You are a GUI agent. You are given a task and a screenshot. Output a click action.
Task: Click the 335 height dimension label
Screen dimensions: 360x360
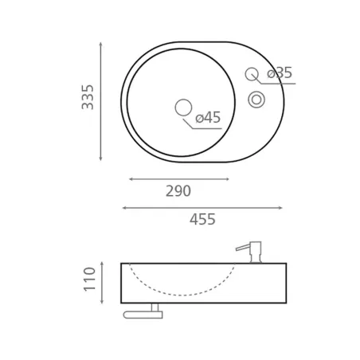click(88, 97)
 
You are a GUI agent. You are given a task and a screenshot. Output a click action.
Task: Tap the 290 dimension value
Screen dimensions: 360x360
click(178, 191)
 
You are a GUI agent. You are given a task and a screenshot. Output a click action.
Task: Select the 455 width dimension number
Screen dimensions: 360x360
click(202, 219)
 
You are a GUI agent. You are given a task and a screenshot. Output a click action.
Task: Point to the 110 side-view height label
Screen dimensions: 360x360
click(89, 280)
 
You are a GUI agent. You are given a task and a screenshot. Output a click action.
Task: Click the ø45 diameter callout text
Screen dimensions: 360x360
click(208, 117)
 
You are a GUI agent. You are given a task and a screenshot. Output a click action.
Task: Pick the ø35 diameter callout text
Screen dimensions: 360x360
click(280, 72)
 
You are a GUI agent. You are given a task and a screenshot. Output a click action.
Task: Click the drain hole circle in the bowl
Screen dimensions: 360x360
click(183, 108)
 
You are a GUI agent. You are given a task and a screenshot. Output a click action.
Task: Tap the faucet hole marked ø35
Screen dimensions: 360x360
click(252, 74)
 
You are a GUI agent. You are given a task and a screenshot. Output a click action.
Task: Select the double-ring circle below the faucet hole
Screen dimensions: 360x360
click(256, 100)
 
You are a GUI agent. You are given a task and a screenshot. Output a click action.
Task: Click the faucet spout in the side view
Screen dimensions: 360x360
click(243, 248)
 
